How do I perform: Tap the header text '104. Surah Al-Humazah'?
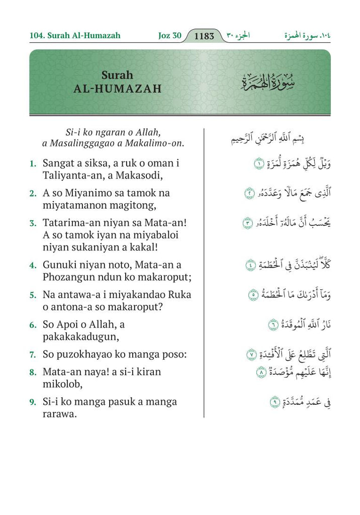[x=75, y=36]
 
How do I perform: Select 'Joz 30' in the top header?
[x=169, y=36]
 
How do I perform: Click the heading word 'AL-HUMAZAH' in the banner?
[x=118, y=89]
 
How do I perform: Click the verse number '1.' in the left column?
[x=33, y=163]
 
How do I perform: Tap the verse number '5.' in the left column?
[x=33, y=295]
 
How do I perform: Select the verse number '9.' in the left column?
[x=33, y=402]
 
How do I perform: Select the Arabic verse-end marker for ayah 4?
[x=249, y=266]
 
